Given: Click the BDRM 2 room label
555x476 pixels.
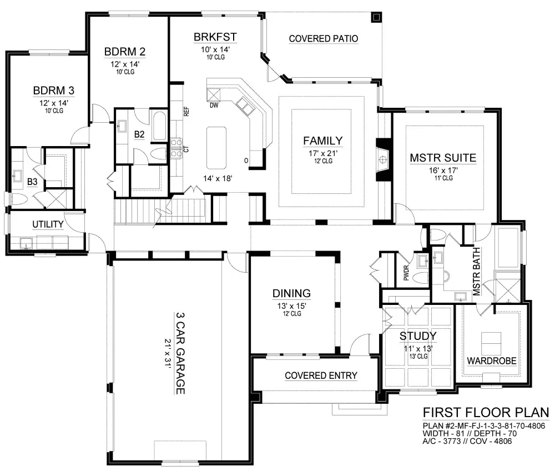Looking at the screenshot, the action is click(124, 52).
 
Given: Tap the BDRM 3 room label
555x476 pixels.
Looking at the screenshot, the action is click(54, 91).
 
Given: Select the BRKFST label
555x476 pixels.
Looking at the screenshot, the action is click(215, 37).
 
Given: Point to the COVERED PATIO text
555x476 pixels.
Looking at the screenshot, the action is click(324, 39).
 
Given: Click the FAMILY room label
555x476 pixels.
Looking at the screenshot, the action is click(323, 141).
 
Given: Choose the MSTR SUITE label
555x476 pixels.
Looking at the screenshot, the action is click(443, 158).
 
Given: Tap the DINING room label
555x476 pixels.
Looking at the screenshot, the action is click(292, 293).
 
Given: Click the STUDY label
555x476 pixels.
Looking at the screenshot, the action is click(418, 336).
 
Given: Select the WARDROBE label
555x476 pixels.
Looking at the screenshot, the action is click(492, 361).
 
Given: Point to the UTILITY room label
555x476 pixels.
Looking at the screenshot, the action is click(48, 224).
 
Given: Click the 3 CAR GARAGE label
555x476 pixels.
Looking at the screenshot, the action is click(180, 353).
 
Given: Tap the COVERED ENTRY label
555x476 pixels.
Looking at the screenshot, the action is click(321, 375).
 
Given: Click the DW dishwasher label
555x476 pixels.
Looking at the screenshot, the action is click(214, 105).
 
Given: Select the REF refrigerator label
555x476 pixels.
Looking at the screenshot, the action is click(186, 112).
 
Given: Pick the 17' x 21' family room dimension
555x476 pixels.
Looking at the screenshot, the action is click(323, 153).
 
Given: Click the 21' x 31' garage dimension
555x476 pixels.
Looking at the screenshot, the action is click(168, 353).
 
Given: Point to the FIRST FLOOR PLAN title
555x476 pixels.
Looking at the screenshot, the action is click(486, 413).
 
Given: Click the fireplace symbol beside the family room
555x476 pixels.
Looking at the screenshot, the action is click(382, 160).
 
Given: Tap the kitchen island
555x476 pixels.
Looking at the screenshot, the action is click(216, 148).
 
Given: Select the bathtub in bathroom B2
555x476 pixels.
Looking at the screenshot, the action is click(160, 126).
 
